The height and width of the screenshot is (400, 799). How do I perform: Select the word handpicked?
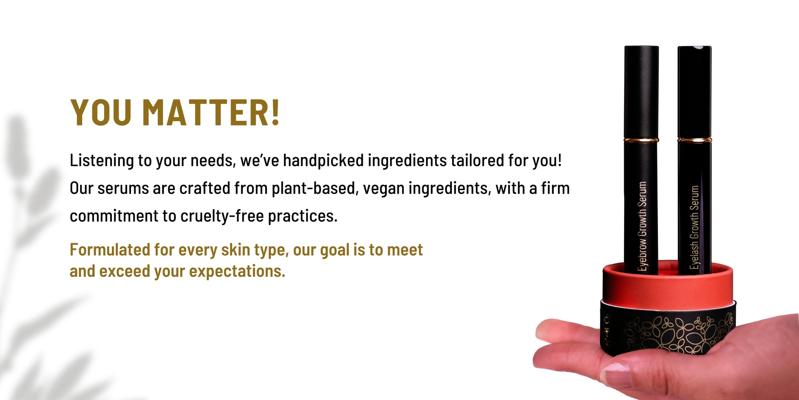[x=323, y=160]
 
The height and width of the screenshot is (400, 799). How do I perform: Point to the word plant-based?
[x=315, y=188]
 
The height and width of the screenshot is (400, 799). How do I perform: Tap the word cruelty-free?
[x=222, y=216]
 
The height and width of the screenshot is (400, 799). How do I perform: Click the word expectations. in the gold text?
[x=237, y=272]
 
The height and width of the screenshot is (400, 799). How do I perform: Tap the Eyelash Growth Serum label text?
[x=695, y=227]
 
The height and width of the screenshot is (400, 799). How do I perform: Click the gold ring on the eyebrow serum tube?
[x=642, y=140]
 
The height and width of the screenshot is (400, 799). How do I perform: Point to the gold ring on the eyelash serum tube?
[x=694, y=140]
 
